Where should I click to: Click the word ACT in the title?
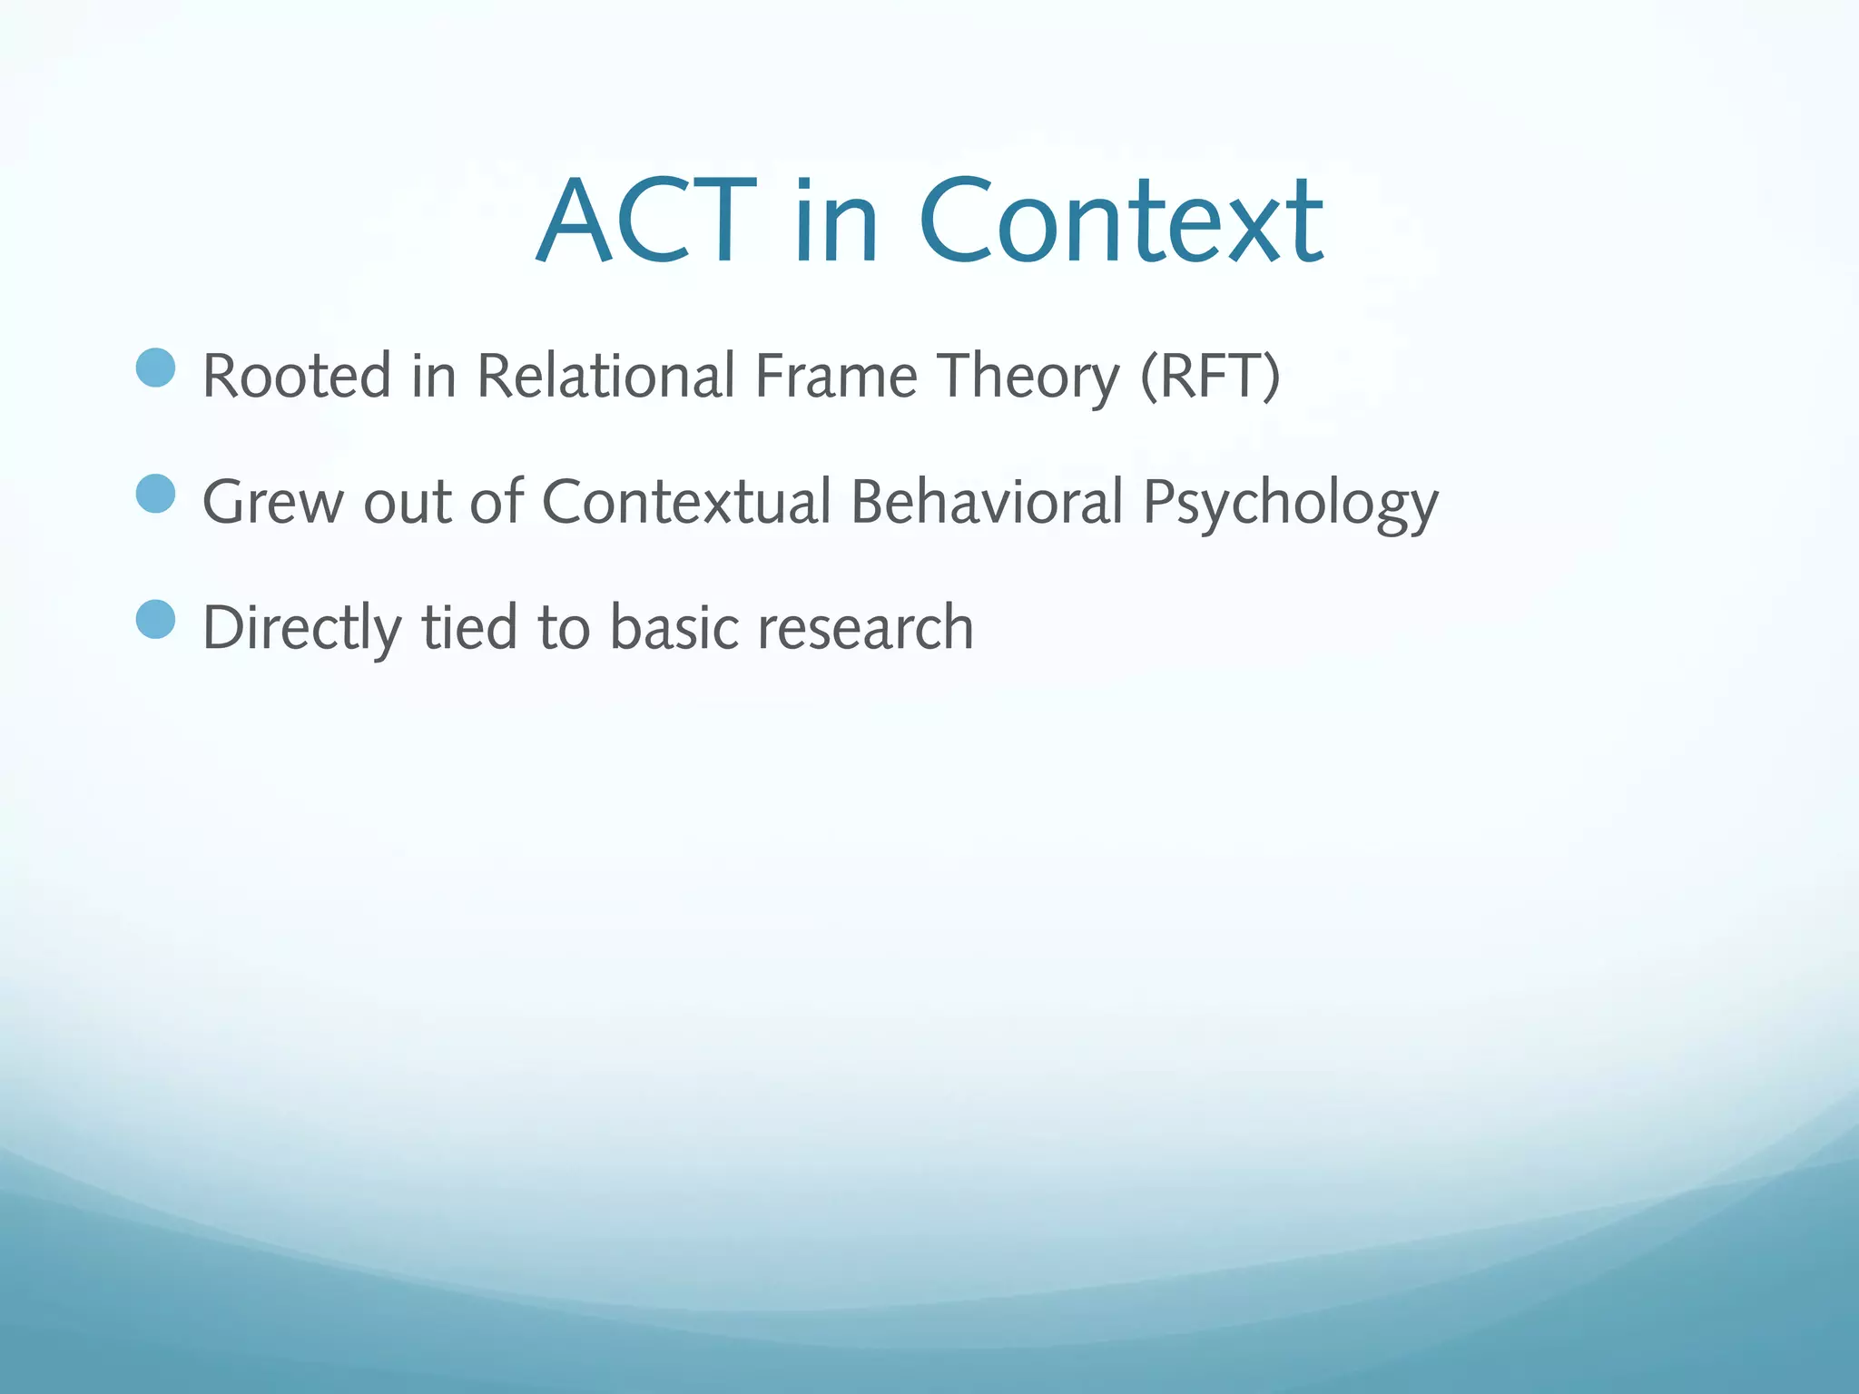(x=646, y=221)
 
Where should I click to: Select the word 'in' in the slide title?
(x=836, y=221)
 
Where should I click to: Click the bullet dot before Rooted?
(x=155, y=368)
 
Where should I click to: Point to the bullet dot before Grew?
(x=155, y=494)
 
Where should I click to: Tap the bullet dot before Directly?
(x=155, y=620)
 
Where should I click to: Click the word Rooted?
(x=297, y=376)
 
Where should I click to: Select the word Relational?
(x=605, y=376)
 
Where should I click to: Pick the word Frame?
(x=836, y=376)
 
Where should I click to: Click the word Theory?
(x=1028, y=376)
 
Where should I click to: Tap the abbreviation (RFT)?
(x=1209, y=376)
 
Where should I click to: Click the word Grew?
(x=272, y=502)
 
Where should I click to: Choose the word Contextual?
(x=686, y=502)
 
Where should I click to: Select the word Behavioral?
(x=987, y=502)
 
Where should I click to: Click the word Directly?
(x=301, y=628)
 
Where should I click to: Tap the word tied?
(x=469, y=628)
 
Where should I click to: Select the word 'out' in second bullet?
(x=407, y=502)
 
